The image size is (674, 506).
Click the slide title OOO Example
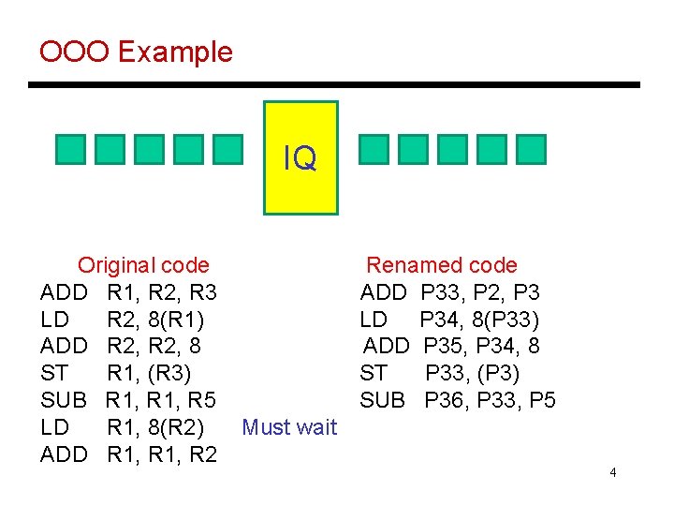[136, 51]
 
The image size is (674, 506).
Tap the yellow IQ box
[300, 157]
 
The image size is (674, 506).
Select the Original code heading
[143, 265]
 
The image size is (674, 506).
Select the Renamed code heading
[441, 265]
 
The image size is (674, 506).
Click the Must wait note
[289, 427]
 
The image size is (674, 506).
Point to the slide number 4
[612, 472]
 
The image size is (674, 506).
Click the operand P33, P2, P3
[480, 292]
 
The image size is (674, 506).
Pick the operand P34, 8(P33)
[479, 320]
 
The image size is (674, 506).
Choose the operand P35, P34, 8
[481, 347]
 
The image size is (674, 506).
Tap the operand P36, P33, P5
[490, 400]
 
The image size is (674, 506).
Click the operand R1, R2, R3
[162, 292]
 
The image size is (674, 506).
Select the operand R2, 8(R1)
[156, 320]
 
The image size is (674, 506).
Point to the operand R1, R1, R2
[162, 454]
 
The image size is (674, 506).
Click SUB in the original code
[64, 400]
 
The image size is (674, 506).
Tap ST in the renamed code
[374, 374]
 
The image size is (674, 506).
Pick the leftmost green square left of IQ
[70, 150]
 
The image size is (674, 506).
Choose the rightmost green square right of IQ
[531, 150]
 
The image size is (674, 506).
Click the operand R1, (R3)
[150, 374]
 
